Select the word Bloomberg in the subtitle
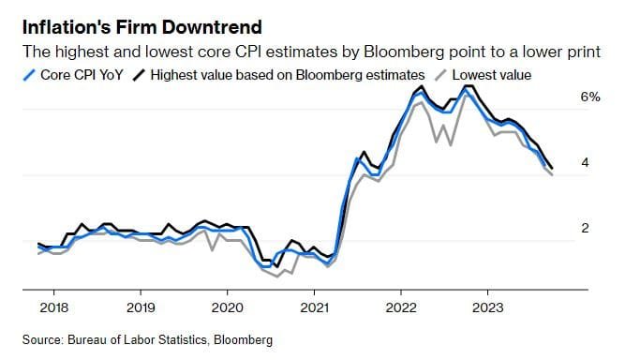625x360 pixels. pyautogui.click(x=415, y=51)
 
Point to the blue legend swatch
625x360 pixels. pyautogui.click(x=31, y=73)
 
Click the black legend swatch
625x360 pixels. pyautogui.click(x=142, y=73)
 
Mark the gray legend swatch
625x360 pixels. pyautogui.click(x=439, y=73)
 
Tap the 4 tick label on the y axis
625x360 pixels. pyautogui.click(x=585, y=163)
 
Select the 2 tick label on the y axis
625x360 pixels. pyautogui.click(x=585, y=229)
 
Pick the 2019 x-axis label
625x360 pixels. pyautogui.click(x=140, y=307)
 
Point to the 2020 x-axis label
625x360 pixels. pyautogui.click(x=227, y=307)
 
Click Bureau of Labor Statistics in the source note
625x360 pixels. pyautogui.click(x=138, y=338)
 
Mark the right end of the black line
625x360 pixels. pyautogui.click(x=551, y=168)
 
